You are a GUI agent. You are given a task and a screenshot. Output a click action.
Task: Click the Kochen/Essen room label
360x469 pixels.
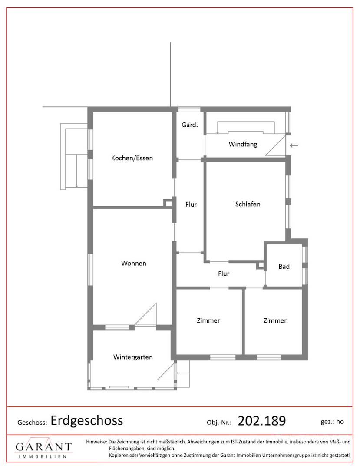(132, 158)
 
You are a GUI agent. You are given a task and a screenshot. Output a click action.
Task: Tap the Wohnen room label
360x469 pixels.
(134, 263)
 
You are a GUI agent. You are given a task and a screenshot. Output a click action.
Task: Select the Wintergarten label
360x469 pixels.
(133, 357)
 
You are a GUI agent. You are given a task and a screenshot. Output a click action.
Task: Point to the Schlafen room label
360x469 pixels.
(248, 204)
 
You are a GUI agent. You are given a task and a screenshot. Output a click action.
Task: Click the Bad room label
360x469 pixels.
(284, 267)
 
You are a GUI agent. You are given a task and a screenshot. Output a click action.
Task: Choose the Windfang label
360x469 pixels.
(243, 144)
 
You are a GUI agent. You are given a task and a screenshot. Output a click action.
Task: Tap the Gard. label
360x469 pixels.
(190, 125)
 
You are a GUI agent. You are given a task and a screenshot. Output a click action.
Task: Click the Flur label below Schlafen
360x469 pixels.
(223, 274)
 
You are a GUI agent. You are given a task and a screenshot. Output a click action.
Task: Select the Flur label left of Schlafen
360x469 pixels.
(191, 204)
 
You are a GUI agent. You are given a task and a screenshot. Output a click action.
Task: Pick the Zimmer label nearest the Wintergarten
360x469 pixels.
(208, 320)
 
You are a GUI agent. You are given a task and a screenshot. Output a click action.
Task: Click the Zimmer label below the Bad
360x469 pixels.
(275, 320)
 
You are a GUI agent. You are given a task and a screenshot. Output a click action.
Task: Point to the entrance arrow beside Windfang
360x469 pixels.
(294, 145)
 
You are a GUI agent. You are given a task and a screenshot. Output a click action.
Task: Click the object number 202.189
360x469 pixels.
(262, 421)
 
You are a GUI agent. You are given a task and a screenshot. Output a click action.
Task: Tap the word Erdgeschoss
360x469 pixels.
(87, 420)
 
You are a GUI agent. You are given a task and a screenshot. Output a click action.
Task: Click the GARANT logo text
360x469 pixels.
(43, 447)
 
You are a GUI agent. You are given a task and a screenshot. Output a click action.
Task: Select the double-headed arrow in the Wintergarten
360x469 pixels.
(119, 386)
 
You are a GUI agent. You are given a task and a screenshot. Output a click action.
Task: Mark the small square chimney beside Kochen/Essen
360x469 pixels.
(168, 203)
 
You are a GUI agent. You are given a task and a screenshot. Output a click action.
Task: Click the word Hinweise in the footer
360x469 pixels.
(96, 442)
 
